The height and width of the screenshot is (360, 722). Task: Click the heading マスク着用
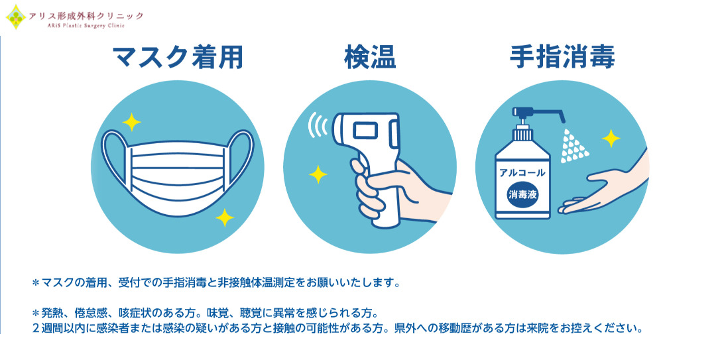(178, 58)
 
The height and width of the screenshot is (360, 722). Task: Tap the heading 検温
(370, 58)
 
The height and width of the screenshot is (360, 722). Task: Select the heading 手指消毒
(562, 58)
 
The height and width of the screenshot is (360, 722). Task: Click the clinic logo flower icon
(16, 17)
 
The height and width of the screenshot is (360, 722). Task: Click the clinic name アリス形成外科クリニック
(86, 16)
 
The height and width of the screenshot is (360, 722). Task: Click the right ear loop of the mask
(241, 159)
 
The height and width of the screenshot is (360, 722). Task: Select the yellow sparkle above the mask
(131, 122)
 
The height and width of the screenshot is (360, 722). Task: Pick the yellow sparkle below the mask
(225, 217)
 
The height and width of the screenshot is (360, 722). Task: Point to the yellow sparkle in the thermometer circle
(318, 174)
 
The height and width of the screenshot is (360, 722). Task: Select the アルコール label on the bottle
(522, 173)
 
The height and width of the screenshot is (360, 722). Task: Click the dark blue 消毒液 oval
(522, 194)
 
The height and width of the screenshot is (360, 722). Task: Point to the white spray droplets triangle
(573, 146)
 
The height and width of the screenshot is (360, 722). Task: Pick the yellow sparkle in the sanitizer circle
(611, 138)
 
